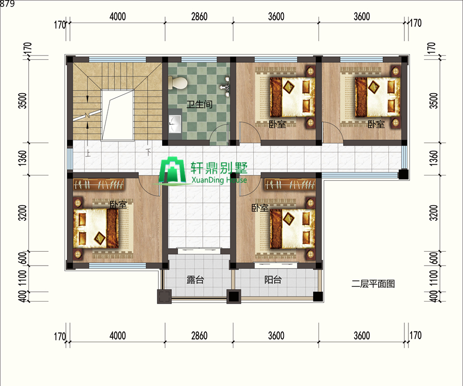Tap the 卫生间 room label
pyautogui.click(x=199, y=104)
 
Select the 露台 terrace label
pyautogui.click(x=195, y=279)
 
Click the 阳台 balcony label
pyautogui.click(x=273, y=279)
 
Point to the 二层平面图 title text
pyautogui.click(x=373, y=284)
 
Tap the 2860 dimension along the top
pyautogui.click(x=199, y=16)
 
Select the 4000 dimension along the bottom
pyautogui.click(x=117, y=336)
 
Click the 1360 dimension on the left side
pyautogui.click(x=23, y=158)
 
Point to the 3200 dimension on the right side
pyautogui.click(x=433, y=213)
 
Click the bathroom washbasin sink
pyautogui.click(x=175, y=124)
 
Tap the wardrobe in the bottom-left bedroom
pyautogui.click(x=99, y=185)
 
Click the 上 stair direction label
pyautogui.click(x=88, y=153)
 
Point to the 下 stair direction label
pyautogui.click(x=149, y=152)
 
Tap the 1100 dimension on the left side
pyautogui.click(x=23, y=278)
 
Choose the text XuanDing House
pyautogui.click(x=219, y=180)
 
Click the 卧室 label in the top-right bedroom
pyautogui.click(x=376, y=124)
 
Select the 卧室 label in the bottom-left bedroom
pyautogui.click(x=118, y=204)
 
